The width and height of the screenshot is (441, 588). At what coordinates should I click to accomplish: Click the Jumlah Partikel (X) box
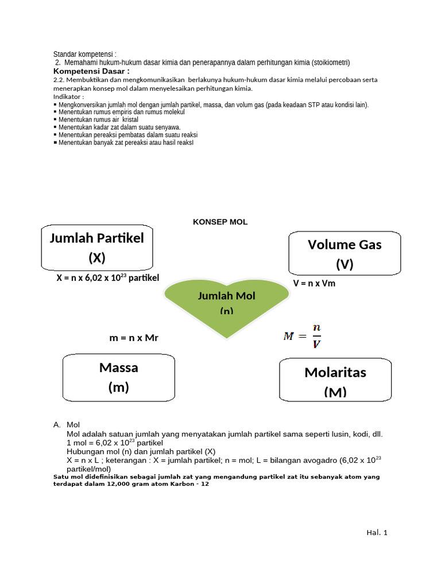coord(97,247)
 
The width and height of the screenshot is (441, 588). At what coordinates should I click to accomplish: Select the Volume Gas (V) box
coord(345,254)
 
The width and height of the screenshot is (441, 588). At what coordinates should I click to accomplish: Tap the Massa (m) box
coord(118,377)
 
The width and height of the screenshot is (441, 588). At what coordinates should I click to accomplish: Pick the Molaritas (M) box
coord(335,380)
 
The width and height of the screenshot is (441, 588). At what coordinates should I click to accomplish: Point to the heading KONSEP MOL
coord(220,222)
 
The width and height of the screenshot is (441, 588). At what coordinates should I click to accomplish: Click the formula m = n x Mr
coord(133,338)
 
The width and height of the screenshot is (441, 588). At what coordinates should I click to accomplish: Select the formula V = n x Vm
coord(314,284)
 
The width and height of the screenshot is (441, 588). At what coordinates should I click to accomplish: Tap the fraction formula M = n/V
coord(303,336)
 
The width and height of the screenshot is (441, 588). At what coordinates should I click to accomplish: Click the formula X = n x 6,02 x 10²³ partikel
coord(107,278)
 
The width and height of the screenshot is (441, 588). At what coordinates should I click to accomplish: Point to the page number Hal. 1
coord(377,533)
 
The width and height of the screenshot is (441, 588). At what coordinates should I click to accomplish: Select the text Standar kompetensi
coord(84,54)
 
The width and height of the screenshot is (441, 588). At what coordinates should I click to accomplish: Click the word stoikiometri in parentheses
coord(331,62)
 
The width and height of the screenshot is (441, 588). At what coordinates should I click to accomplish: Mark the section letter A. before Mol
coord(57,425)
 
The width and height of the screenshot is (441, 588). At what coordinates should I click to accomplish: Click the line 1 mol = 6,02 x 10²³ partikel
coord(115,443)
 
